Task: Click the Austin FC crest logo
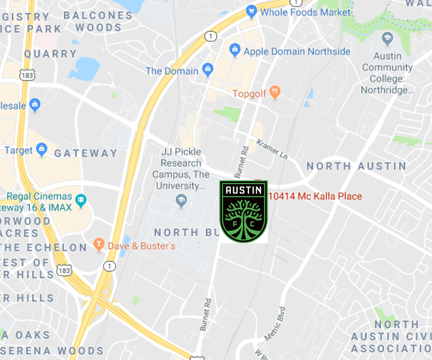[x=243, y=211]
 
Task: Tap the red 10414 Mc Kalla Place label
[x=314, y=196]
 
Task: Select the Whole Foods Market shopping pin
[x=252, y=11]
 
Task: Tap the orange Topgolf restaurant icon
[x=275, y=93]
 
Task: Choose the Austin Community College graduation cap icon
[x=387, y=39]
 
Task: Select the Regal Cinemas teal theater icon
[x=80, y=200]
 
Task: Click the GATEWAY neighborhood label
[x=86, y=153]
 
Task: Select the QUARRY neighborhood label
[x=51, y=54]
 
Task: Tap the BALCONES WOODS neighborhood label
[x=98, y=22]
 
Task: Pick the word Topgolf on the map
[x=250, y=94]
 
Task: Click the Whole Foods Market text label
[x=305, y=12]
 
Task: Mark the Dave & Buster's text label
[x=141, y=246]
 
